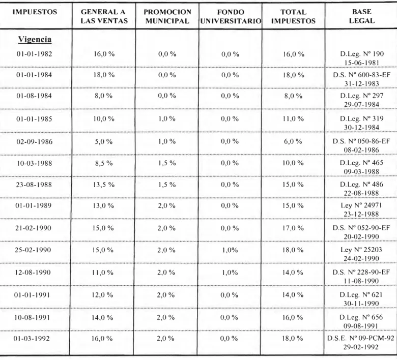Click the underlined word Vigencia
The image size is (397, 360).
pos(35,40)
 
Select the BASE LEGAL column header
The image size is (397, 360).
pos(362,16)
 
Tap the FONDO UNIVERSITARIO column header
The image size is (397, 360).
pos(231,16)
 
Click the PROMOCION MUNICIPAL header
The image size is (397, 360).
pos(167,16)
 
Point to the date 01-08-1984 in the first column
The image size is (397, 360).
pos(34,96)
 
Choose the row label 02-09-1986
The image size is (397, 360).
pos(35,142)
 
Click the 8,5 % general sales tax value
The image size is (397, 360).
pos(104,163)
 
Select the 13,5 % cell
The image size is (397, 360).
pos(103,185)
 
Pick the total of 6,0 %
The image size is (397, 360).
pos(293,141)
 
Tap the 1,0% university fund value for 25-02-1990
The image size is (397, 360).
pos(230,250)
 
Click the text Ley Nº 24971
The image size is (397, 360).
pos(361,205)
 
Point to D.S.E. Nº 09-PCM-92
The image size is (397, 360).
pos(360,338)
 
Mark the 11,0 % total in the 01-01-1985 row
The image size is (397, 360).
pos(293,118)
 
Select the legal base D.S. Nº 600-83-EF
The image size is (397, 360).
pos(361,75)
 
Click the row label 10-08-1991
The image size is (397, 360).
pos(32,317)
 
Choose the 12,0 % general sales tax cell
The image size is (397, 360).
pos(102,295)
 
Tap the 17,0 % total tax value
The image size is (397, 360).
pos(293,228)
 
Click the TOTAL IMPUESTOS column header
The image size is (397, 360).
pos(294,16)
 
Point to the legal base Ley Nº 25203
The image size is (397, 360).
pos(361,250)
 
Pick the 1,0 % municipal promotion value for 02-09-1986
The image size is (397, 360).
pos(167,141)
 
